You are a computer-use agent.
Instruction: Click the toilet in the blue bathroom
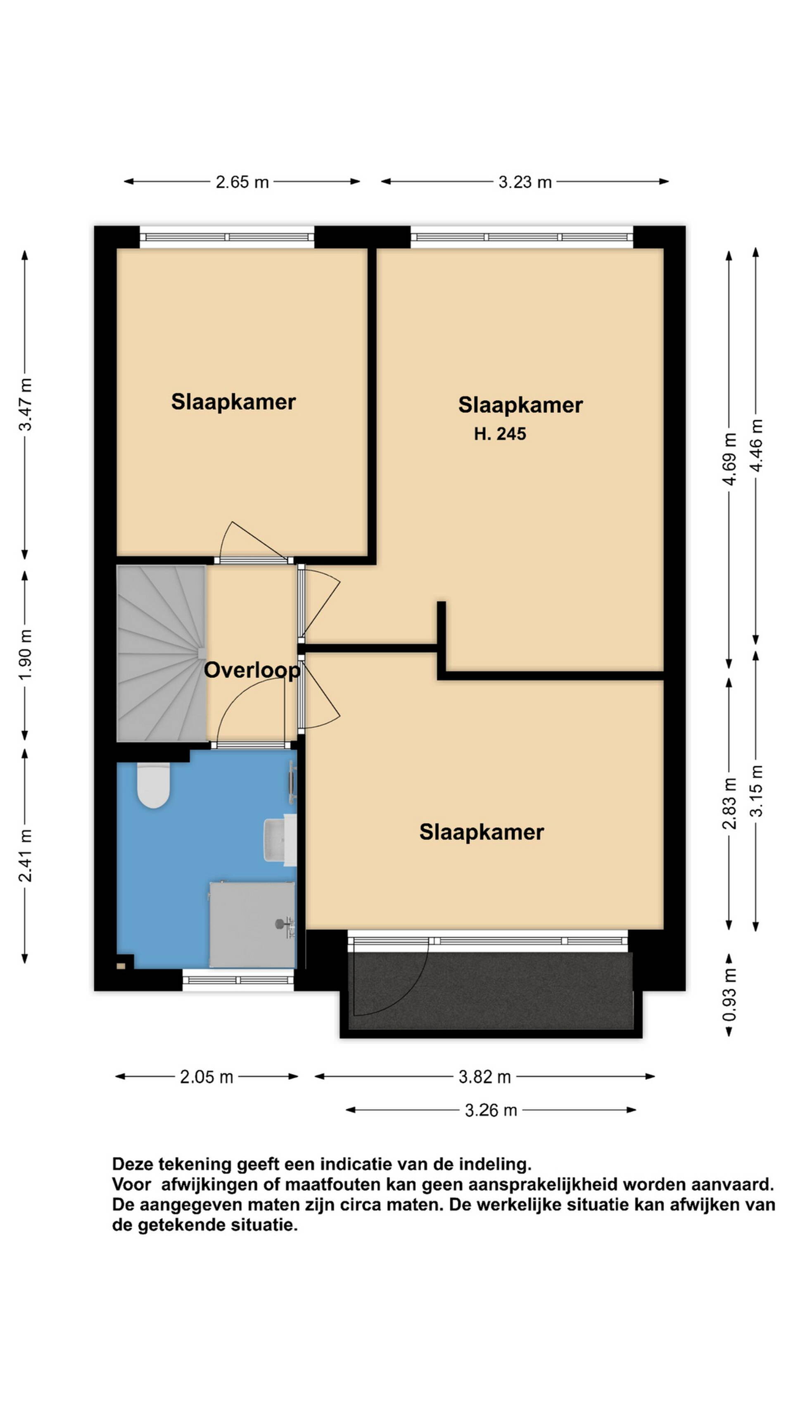(153, 785)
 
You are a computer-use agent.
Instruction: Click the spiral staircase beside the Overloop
(161, 653)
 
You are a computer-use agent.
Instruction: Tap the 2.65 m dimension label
(242, 182)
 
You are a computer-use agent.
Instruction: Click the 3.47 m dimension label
(25, 404)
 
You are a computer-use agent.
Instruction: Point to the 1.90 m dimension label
(25, 654)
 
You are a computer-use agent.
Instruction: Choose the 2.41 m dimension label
(25, 856)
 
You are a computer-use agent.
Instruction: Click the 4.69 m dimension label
(729, 459)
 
